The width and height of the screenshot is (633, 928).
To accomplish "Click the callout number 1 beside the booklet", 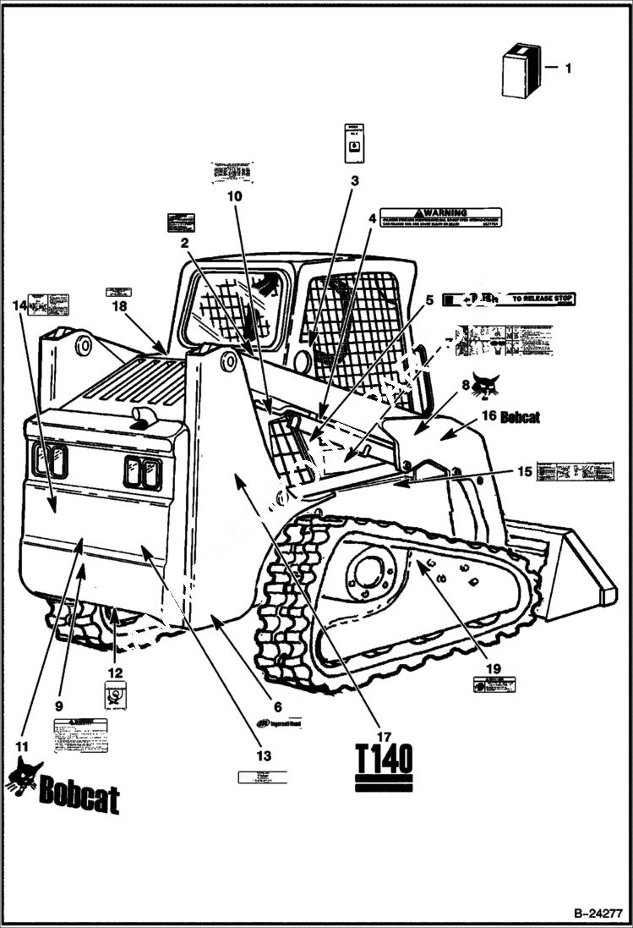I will click(x=568, y=67).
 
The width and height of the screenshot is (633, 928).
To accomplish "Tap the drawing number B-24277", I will click(x=598, y=914).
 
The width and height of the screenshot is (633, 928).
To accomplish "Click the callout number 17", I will click(x=385, y=735).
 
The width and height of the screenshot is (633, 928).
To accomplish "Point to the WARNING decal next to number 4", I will click(x=439, y=217).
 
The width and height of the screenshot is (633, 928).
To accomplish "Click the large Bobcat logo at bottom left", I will click(x=63, y=788).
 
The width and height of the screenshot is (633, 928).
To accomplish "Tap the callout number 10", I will click(x=234, y=195).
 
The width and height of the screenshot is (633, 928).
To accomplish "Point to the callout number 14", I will click(x=19, y=305).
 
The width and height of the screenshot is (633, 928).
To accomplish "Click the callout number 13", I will click(x=264, y=755).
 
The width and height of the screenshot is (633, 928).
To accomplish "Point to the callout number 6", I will click(x=276, y=706).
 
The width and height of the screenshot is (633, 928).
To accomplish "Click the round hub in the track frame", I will click(x=368, y=573).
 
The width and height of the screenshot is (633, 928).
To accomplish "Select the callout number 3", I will click(x=354, y=180).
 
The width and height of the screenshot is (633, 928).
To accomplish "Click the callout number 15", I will click(x=524, y=471).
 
